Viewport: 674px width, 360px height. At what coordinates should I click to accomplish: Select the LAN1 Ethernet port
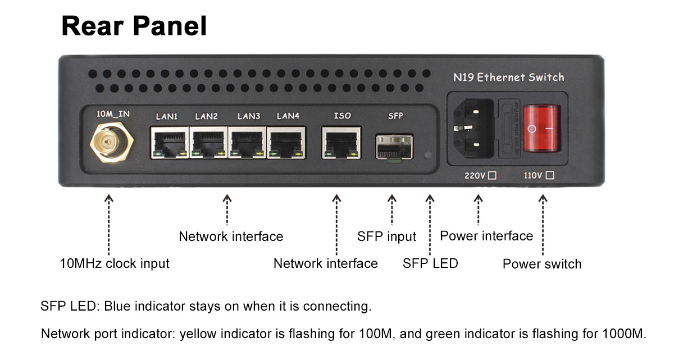(169, 143)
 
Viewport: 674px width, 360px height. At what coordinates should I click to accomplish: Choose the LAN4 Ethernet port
(287, 143)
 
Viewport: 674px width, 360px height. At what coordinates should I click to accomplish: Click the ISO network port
(340, 143)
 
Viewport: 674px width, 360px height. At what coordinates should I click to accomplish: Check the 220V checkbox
(493, 175)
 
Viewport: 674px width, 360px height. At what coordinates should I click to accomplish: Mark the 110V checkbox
(549, 175)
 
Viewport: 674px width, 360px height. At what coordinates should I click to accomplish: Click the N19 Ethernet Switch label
(508, 78)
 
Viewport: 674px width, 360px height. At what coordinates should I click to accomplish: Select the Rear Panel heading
(134, 26)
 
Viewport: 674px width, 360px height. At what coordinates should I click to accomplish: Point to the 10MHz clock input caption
(115, 263)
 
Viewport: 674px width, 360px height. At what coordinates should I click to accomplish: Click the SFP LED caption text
(430, 263)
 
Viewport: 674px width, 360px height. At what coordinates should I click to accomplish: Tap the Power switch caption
(542, 264)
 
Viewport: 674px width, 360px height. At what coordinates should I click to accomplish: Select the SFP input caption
(386, 236)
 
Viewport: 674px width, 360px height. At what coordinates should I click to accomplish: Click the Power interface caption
(486, 236)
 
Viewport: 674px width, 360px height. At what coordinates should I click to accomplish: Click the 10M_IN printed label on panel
(113, 114)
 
